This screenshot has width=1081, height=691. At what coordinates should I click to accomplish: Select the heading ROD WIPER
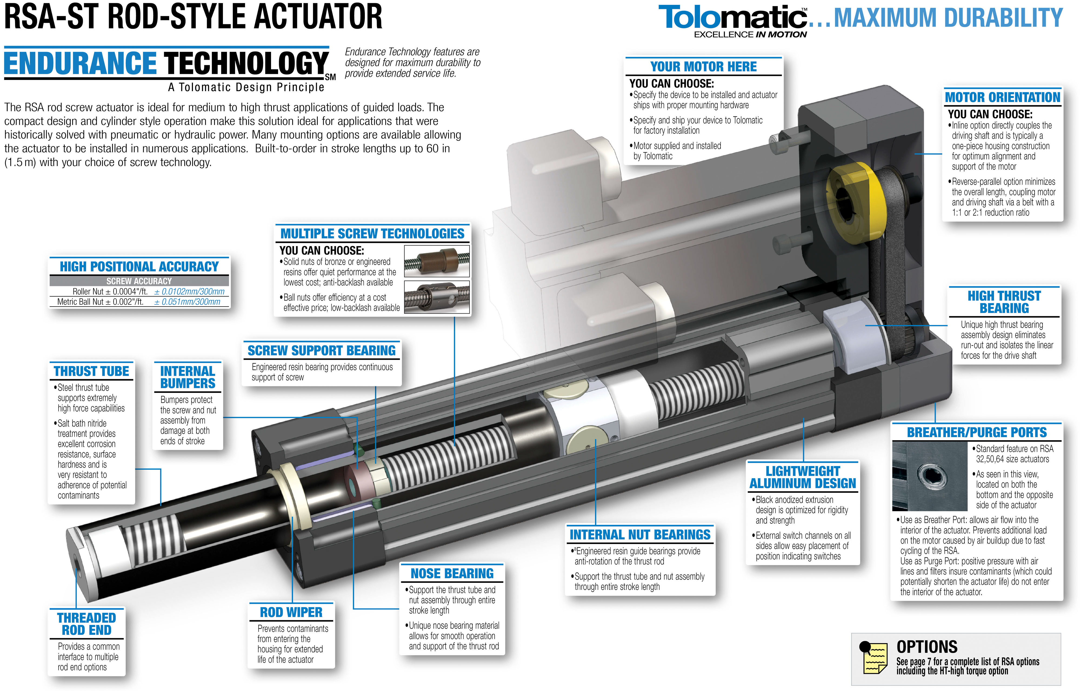tap(291, 612)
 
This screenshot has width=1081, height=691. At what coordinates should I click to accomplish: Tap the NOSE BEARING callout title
tap(452, 573)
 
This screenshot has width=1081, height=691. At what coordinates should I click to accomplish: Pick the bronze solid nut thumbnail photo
tap(437, 261)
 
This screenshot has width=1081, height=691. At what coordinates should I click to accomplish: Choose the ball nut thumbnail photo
tap(437, 297)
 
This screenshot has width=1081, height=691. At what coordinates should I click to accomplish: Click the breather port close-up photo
tap(929, 476)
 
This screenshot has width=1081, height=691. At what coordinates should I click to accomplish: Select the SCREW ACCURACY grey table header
tap(139, 281)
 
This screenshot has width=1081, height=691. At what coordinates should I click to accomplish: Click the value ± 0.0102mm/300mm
tap(189, 291)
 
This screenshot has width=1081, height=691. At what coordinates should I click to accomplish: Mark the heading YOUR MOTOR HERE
tap(703, 67)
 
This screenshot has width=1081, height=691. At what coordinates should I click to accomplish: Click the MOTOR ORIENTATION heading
tap(1002, 97)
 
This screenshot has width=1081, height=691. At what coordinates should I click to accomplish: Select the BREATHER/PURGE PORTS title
tap(977, 432)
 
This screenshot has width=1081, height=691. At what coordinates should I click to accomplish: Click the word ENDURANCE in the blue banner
tap(80, 63)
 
